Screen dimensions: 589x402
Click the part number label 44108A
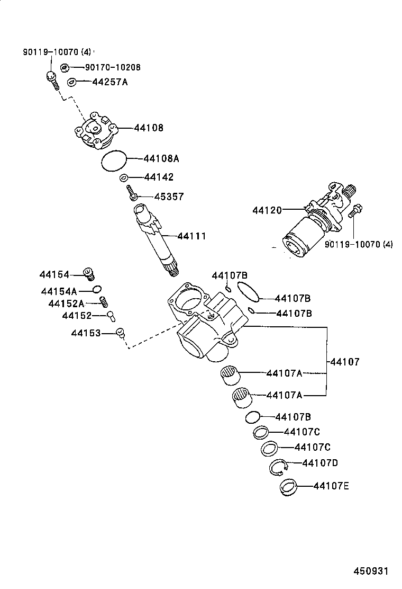click(162, 158)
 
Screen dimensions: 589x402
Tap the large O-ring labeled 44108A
click(114, 160)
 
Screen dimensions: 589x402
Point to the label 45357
click(169, 197)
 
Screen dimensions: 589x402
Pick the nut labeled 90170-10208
click(65, 68)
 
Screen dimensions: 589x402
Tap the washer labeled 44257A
click(72, 82)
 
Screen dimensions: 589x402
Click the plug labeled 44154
click(90, 274)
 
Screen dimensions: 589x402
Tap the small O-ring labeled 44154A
click(96, 289)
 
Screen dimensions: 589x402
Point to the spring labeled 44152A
click(104, 301)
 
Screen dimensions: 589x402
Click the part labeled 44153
click(121, 333)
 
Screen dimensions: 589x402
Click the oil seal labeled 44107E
click(288, 487)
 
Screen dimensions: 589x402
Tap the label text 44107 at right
click(345, 362)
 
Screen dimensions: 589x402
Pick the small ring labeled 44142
click(123, 177)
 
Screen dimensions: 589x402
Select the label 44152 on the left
click(77, 316)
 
